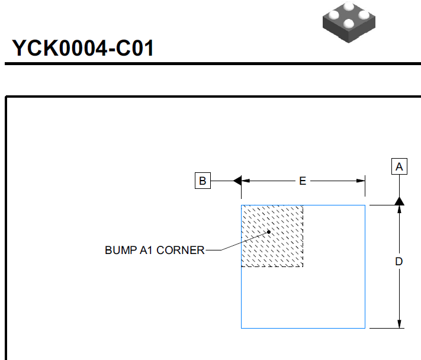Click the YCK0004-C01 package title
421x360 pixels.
click(83, 48)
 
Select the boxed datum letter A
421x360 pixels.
click(399, 167)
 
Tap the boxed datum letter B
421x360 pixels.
click(203, 181)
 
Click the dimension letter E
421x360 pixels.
click(303, 181)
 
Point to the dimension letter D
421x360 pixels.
click(399, 262)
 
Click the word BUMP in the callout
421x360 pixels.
click(121, 250)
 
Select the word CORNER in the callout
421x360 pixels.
click(181, 250)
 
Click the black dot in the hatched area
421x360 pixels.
click(269, 232)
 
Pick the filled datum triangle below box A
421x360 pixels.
click(399, 201)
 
